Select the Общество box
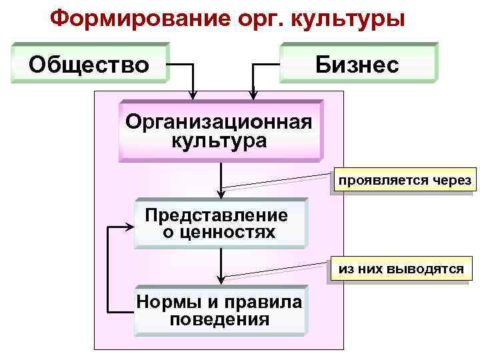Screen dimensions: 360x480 tap(89, 65)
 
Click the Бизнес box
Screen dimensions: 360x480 tap(357, 65)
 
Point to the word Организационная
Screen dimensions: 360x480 tap(218, 123)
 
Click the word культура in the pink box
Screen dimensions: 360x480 tap(218, 141)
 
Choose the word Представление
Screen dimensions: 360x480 tap(217, 215)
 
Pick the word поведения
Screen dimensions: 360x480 tap(219, 319)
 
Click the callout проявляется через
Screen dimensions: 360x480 tap(404, 181)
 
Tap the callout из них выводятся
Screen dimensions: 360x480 tap(401, 269)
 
